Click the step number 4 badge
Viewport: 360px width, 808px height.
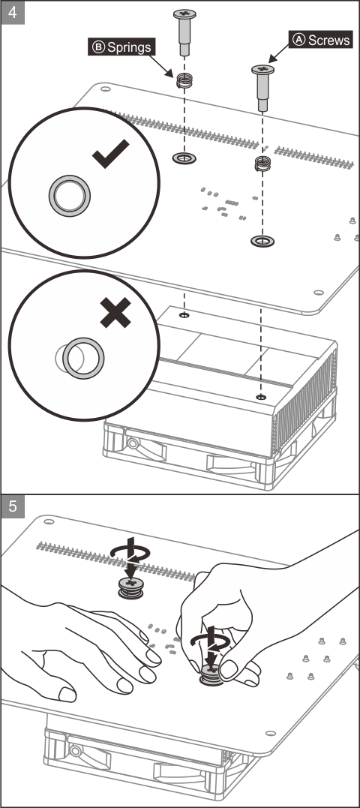(12, 12)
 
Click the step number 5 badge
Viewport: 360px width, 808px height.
(12, 506)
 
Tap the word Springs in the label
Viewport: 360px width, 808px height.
(129, 47)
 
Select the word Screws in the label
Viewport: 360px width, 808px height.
(329, 39)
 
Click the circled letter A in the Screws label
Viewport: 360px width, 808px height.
(299, 39)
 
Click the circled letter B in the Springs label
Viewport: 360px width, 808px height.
(97, 47)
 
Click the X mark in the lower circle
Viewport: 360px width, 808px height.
(115, 312)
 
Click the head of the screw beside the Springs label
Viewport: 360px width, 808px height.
(184, 14)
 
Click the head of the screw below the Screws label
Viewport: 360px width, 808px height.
(262, 69)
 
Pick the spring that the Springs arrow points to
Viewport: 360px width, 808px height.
(184, 80)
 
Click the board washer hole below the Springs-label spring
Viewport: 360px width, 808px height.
(184, 158)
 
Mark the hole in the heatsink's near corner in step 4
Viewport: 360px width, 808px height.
(261, 397)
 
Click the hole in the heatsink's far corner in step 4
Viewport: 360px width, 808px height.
(184, 314)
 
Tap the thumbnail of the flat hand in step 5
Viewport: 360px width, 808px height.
(67, 694)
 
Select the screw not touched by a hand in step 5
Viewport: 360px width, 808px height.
(130, 588)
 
